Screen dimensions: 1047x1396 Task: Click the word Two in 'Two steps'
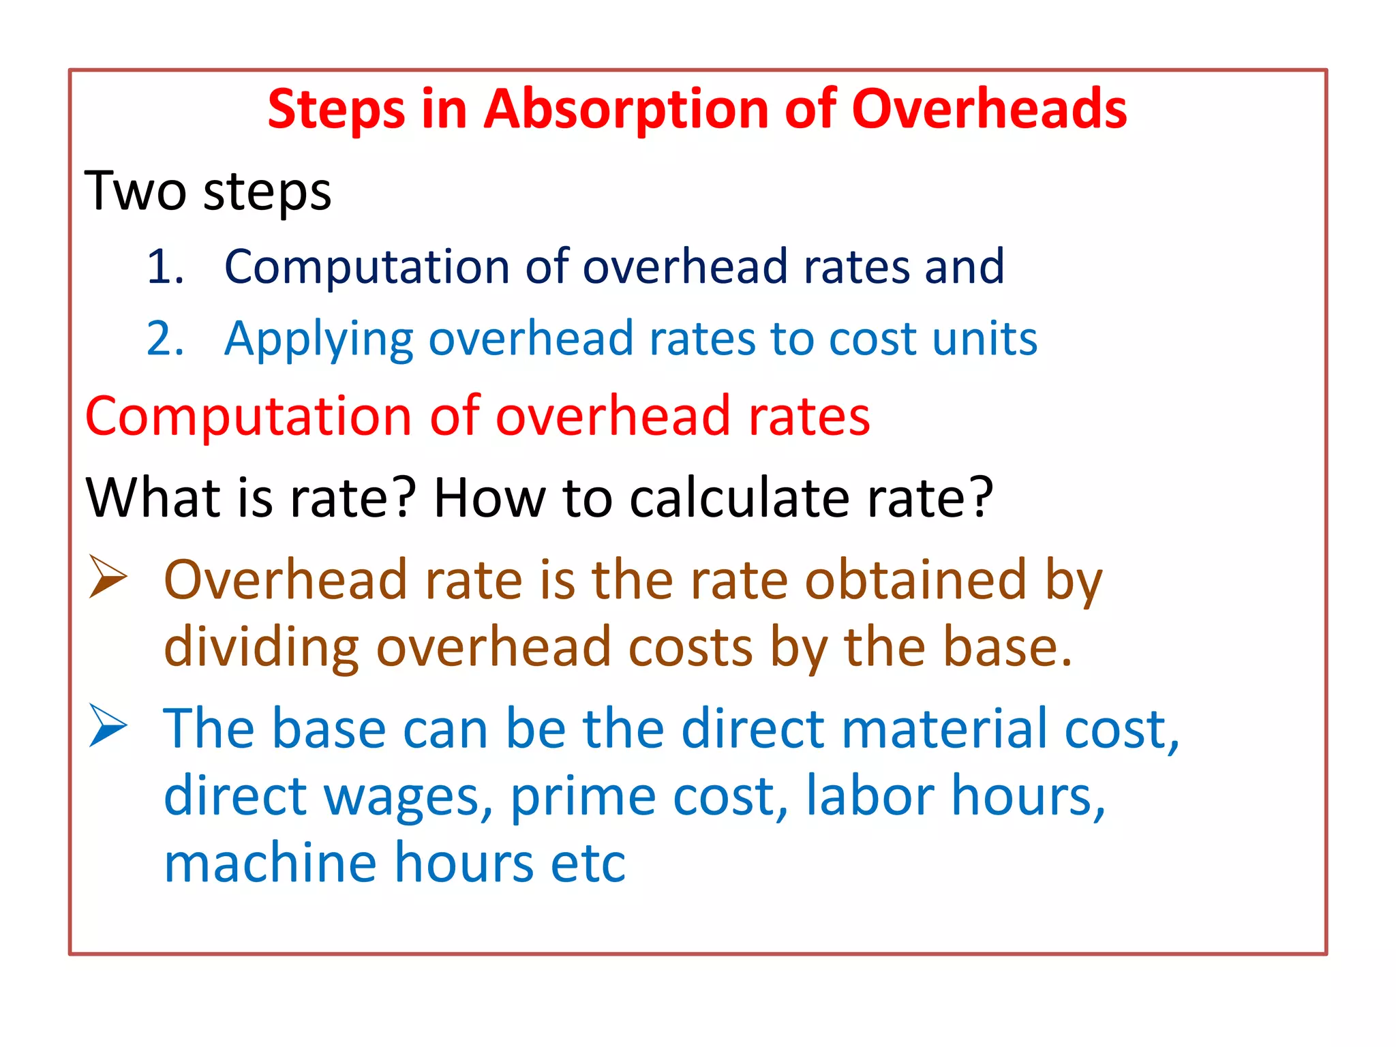[135, 192]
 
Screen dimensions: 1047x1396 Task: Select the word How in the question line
[489, 498]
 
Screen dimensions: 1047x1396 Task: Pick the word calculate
[739, 498]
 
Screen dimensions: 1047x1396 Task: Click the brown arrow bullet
[108, 577]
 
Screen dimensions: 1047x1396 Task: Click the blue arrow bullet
[108, 726]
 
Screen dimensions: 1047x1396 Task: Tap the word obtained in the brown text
[915, 580]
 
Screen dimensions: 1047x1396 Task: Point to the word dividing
[261, 648]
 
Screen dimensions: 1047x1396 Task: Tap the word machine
[270, 863]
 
